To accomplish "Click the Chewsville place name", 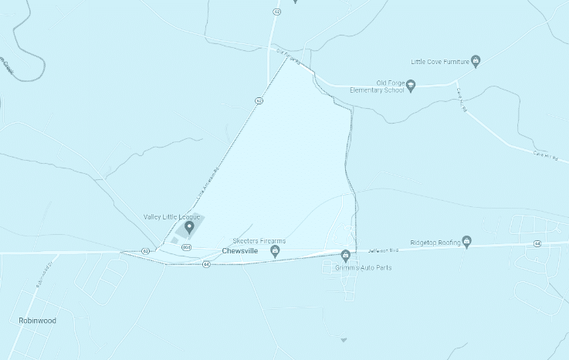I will tap(239, 251).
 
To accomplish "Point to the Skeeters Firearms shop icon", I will tap(274, 251).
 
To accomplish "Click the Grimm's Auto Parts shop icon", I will tap(346, 255).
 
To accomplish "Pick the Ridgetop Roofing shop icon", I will tap(467, 243).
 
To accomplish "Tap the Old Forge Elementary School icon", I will tap(412, 86).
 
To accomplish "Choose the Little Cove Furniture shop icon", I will tap(476, 59).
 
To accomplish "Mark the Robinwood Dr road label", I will tap(43, 275).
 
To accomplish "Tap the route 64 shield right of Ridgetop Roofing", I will tap(537, 243).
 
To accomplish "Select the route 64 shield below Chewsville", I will tap(207, 264).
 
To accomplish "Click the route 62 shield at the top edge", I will tap(276, 12).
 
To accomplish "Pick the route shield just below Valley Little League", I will tap(186, 247).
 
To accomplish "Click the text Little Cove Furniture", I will tap(440, 60).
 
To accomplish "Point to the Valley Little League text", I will tap(172, 217).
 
